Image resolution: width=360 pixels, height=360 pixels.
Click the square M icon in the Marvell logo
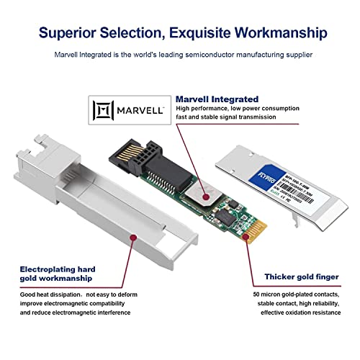103,110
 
